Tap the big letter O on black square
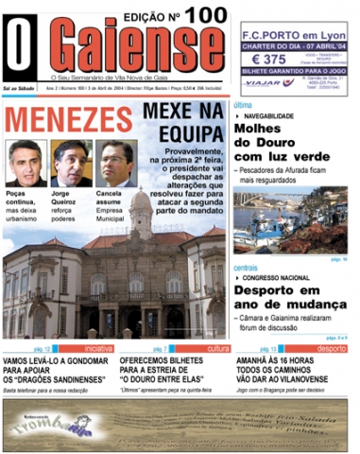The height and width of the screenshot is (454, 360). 21,45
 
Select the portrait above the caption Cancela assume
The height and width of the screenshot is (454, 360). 114,164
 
